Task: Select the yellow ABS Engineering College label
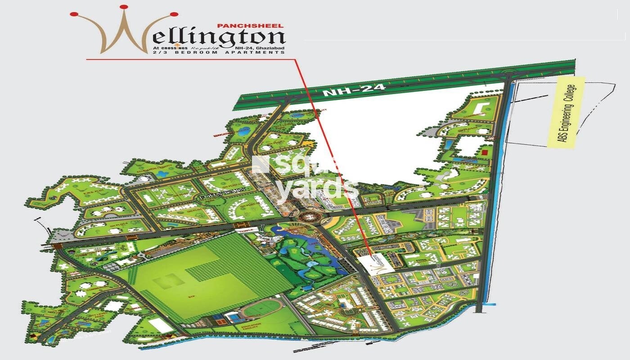click(566, 112)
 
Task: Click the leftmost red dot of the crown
click(73, 14)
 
